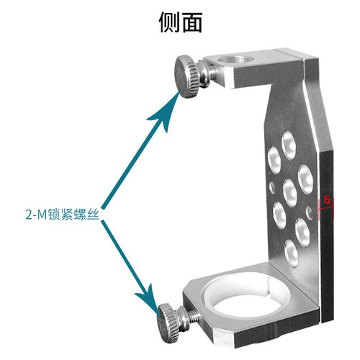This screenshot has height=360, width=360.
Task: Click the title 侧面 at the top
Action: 181,22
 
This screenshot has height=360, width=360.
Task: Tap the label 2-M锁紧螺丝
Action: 63,215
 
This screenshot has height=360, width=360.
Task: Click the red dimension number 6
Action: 327,199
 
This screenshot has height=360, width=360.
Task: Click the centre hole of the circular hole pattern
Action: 290,193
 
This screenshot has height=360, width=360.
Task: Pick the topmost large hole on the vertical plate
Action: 289,145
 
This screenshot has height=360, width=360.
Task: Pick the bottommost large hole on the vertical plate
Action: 291,253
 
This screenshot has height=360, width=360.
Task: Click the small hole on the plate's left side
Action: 272,187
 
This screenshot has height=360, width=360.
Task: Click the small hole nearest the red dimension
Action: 310,212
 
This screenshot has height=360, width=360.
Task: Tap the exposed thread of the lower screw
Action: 193,317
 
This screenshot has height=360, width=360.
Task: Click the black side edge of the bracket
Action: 327,236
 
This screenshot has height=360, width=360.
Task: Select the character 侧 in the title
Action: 169,22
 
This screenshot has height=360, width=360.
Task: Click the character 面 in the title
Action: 192,22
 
